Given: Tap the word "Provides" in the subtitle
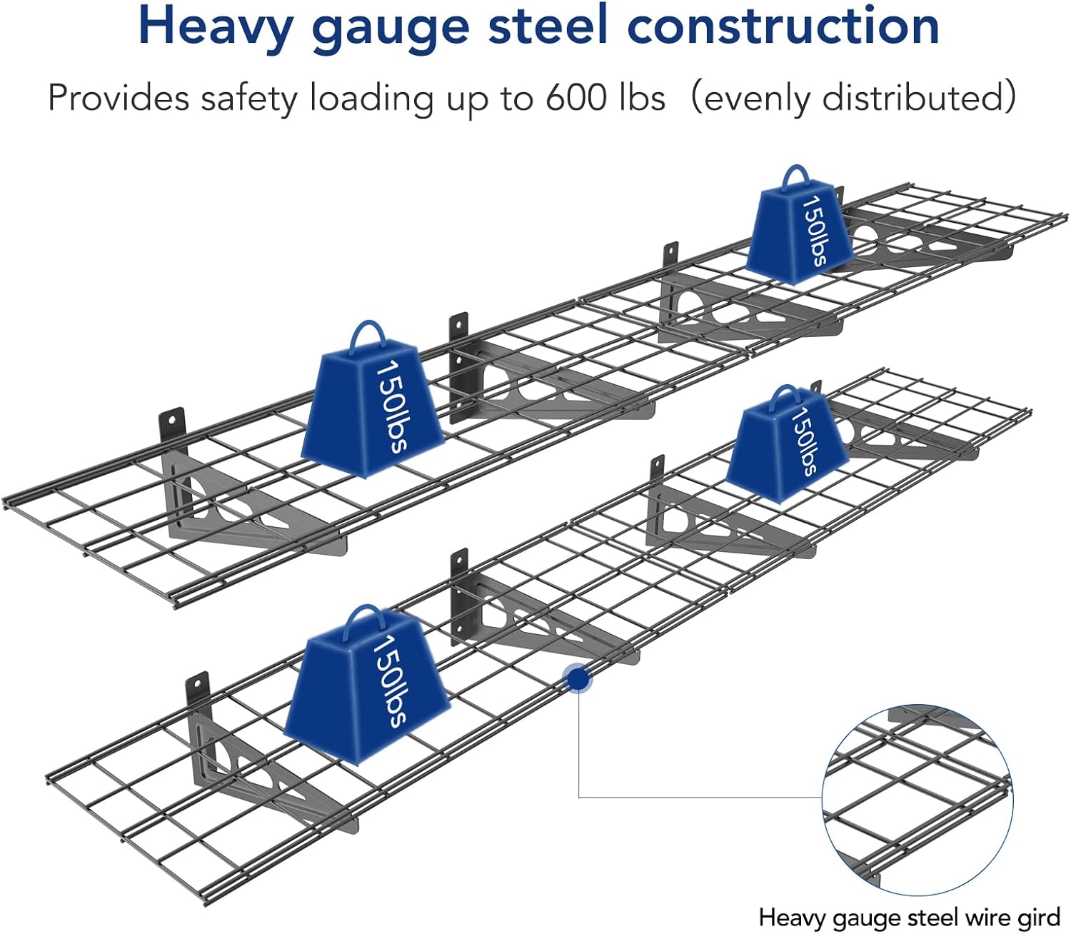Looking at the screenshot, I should click(119, 97).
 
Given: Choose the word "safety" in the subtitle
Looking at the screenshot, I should click(248, 97).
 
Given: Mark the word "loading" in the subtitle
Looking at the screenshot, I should click(371, 97).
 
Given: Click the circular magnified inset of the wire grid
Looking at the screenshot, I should click(917, 800).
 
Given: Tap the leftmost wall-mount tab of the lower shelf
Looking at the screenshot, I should click(198, 689).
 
